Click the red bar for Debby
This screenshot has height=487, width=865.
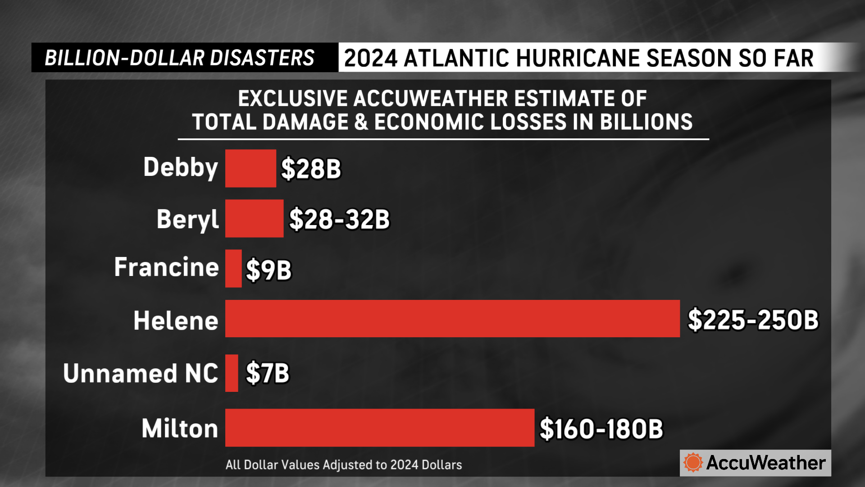pyautogui.click(x=250, y=168)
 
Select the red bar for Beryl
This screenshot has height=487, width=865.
pyautogui.click(x=254, y=219)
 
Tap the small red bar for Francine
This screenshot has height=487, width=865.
pyautogui.click(x=233, y=269)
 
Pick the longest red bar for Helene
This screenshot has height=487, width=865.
pyautogui.click(x=452, y=319)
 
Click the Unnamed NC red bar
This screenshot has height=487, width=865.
pyautogui.click(x=232, y=373)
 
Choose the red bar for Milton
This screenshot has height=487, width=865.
pyautogui.click(x=379, y=428)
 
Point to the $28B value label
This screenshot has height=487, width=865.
pyautogui.click(x=311, y=169)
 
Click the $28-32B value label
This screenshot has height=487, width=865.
pyautogui.click(x=339, y=219)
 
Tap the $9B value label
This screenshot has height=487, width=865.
pyautogui.click(x=269, y=270)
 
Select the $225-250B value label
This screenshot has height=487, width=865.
pyautogui.click(x=753, y=320)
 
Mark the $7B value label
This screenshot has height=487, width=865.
pyautogui.click(x=268, y=373)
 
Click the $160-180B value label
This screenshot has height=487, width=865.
pyautogui.click(x=601, y=428)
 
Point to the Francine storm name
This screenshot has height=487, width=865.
pyautogui.click(x=166, y=267)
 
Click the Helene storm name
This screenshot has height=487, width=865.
pyautogui.click(x=176, y=321)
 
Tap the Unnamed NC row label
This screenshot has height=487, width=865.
pyautogui.click(x=141, y=373)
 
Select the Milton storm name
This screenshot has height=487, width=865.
pyautogui.click(x=180, y=428)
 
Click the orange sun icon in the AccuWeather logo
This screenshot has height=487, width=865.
pyautogui.click(x=693, y=463)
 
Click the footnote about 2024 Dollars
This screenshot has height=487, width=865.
pyautogui.click(x=344, y=465)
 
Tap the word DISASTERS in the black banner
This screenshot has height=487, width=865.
pyautogui.click(x=262, y=58)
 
